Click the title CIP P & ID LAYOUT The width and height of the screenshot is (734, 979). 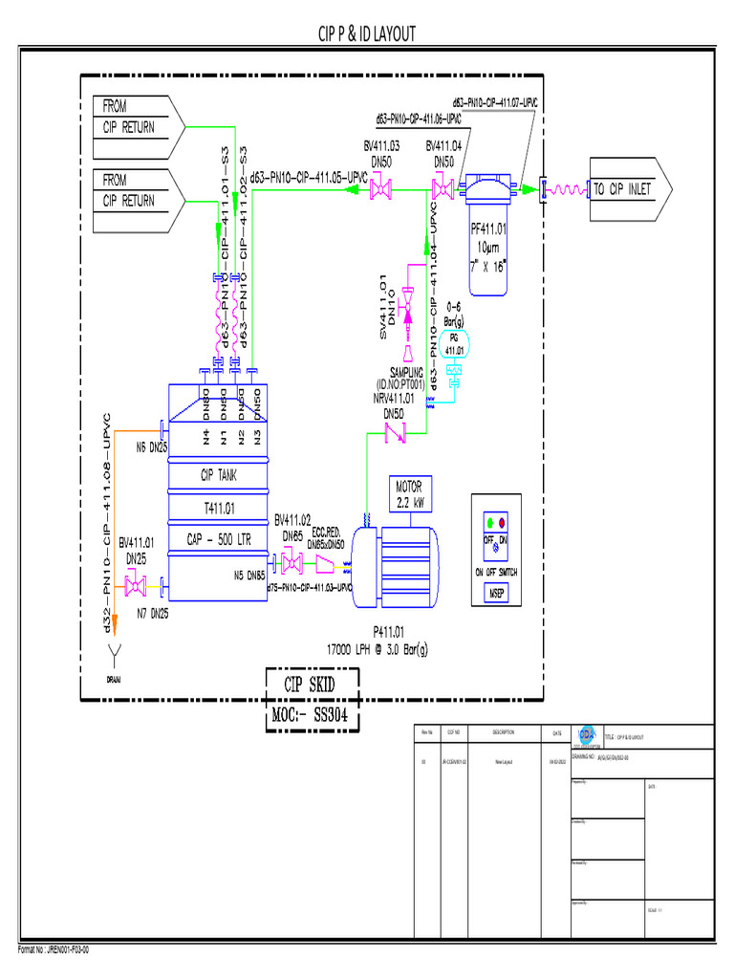367,35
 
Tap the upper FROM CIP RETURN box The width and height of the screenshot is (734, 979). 134,117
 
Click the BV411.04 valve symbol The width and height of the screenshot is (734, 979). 443,189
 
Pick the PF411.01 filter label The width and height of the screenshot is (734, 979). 489,230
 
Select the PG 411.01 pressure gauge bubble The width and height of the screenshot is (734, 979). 455,344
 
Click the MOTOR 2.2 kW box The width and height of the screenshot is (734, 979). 414,492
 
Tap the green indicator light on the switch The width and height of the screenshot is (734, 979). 490,524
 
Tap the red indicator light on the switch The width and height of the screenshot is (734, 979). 503,524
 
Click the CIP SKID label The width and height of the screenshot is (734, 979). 312,685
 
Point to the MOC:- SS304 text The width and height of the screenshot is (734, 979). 312,717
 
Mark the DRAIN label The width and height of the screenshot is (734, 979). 114,679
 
